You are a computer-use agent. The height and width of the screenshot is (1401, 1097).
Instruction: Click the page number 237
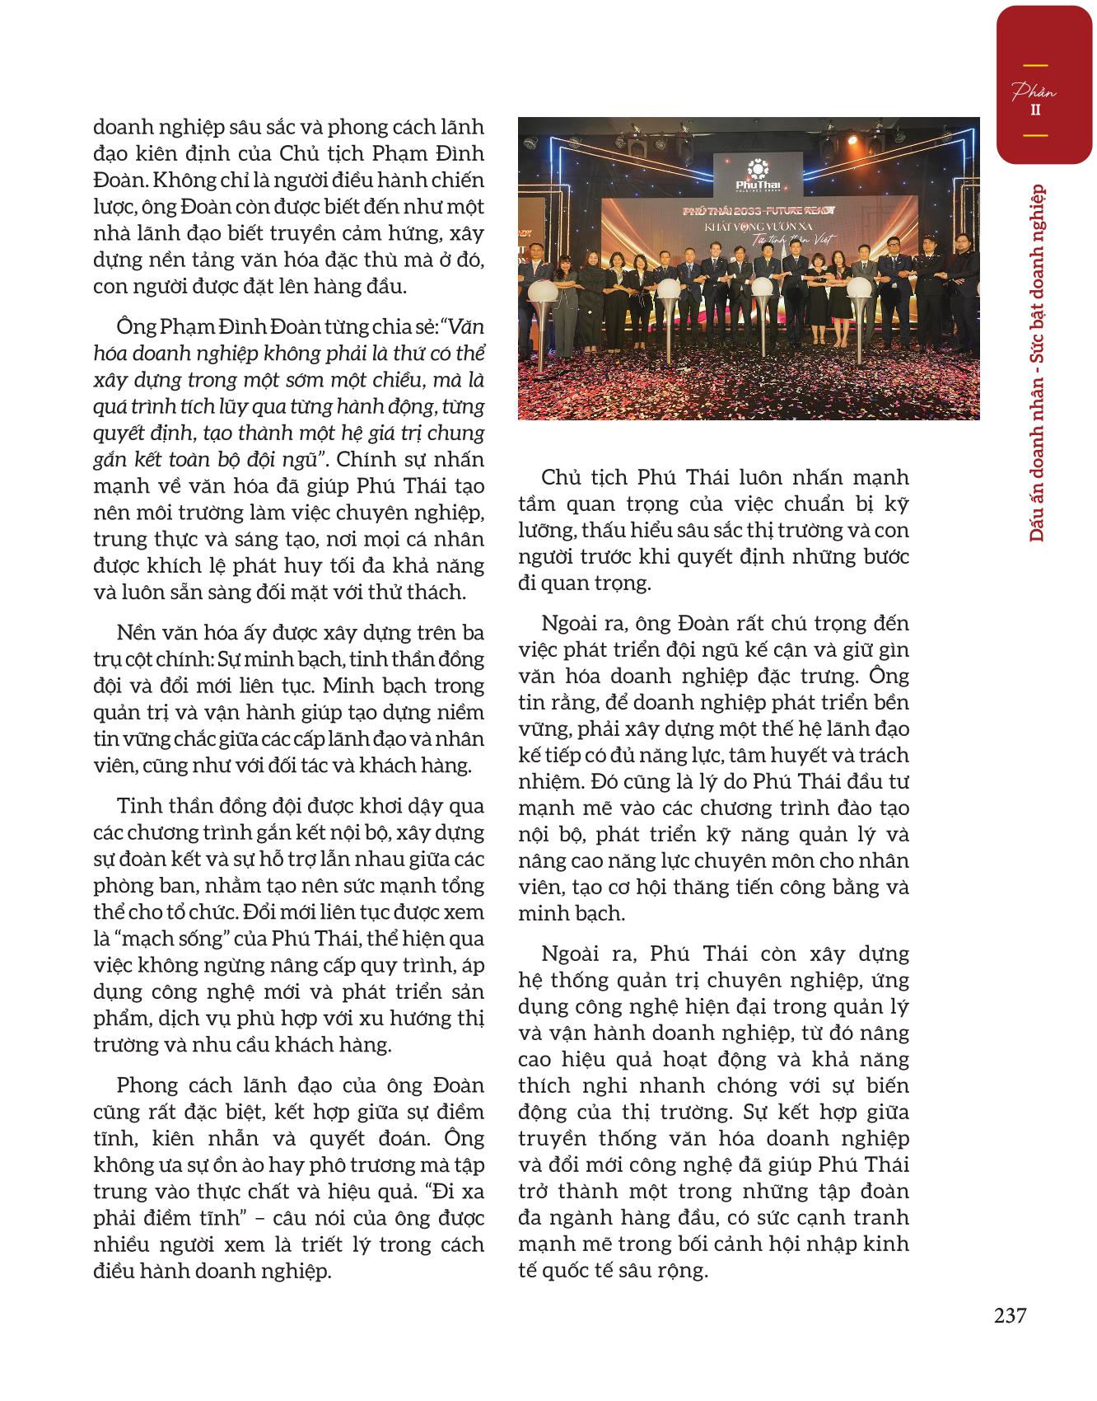point(1010,1315)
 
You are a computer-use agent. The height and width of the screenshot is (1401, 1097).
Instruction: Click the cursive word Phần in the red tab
point(1034,91)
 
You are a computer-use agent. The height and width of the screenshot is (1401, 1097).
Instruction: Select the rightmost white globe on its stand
point(858,288)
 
